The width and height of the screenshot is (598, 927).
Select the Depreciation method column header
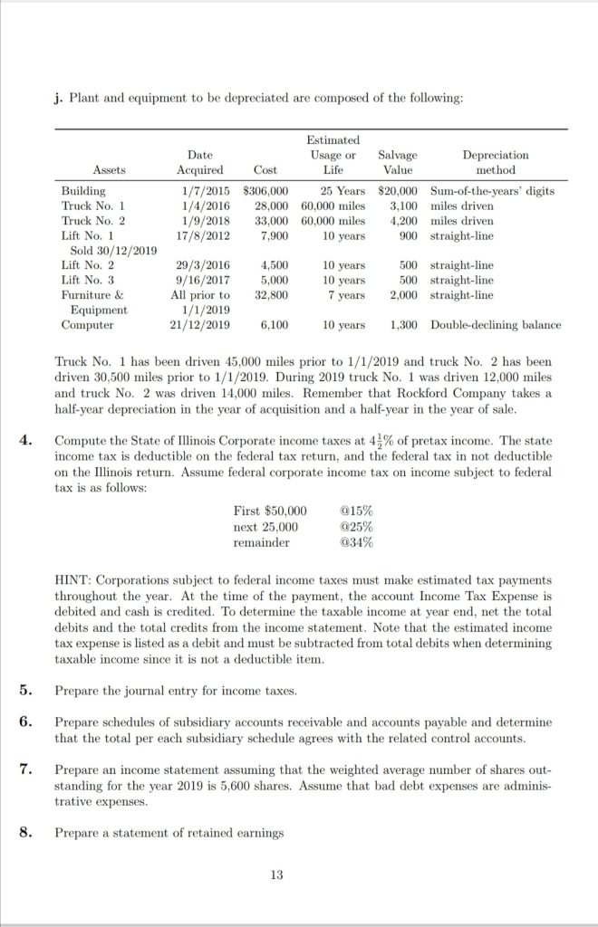495,163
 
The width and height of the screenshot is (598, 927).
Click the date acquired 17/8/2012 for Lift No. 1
199,235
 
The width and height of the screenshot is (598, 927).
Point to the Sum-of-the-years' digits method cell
493,192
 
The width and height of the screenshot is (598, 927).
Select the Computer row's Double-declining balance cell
496,325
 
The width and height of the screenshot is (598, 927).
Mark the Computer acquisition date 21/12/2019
199,325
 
